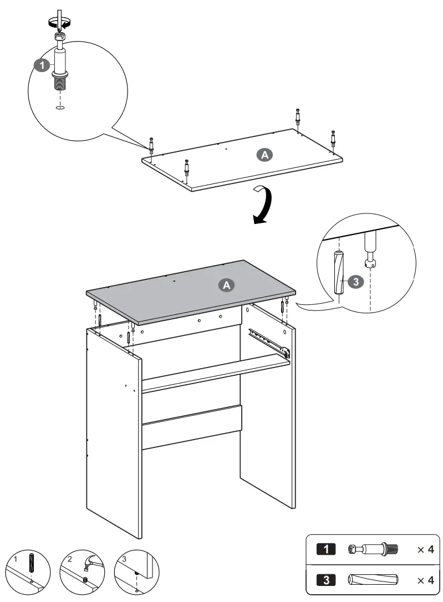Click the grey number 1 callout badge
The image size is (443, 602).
(x=40, y=65)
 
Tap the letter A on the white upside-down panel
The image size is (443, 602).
(x=265, y=155)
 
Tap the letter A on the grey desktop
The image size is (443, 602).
(x=226, y=285)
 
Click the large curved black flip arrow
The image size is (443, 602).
(x=262, y=205)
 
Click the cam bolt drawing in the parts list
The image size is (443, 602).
(x=371, y=549)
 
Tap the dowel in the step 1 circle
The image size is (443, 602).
(x=32, y=562)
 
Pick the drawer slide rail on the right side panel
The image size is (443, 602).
(x=269, y=340)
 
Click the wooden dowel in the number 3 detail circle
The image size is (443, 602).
(x=339, y=272)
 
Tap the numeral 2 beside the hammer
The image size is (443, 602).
(x=70, y=559)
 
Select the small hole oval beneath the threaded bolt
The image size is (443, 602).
(x=60, y=108)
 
